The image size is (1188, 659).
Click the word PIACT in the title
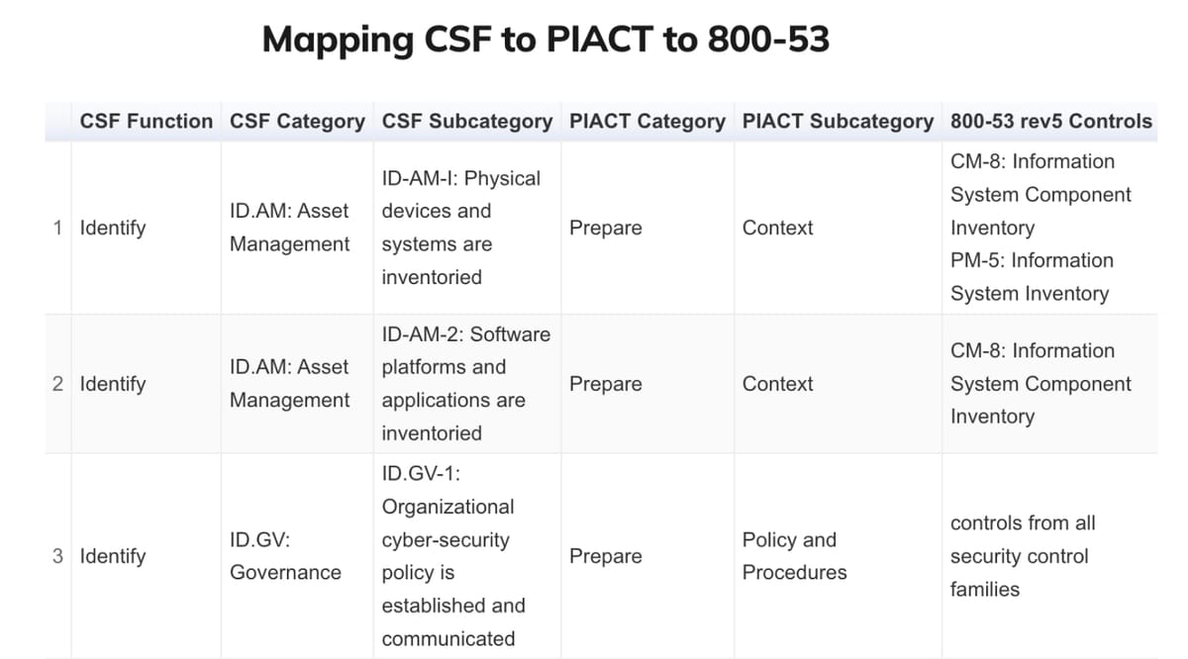coord(599,39)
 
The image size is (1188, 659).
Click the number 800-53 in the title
coord(768,39)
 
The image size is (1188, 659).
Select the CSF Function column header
coord(147,121)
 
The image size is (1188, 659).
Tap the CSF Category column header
coord(297,122)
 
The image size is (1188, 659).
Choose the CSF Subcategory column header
coord(466,122)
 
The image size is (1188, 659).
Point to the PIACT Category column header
coord(647,122)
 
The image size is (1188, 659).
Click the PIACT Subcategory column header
coord(838,122)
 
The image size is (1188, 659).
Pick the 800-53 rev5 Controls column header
coord(1050,121)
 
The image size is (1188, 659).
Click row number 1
coord(57,228)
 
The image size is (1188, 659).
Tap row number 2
coord(57,383)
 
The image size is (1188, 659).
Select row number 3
coord(57,556)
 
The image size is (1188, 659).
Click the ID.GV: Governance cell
coord(285,556)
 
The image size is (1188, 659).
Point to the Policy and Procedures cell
coord(794,556)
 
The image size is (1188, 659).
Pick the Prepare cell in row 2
coord(605,384)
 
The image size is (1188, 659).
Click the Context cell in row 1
coord(777,228)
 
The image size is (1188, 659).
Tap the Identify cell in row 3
coord(113,556)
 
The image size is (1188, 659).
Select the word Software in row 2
coord(510,334)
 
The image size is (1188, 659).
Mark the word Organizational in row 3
coord(447,507)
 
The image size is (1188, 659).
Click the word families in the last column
coord(984,589)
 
